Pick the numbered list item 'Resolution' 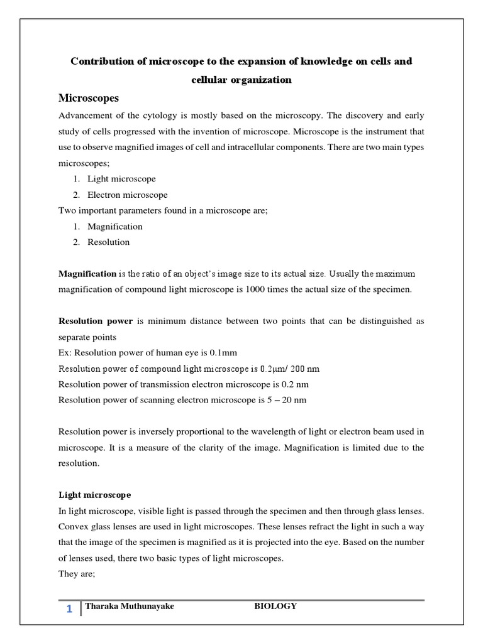coord(108,242)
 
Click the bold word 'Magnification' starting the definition coord(87,274)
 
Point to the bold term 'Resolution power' coord(96,321)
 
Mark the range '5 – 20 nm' coord(287,399)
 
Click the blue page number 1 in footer coord(69,608)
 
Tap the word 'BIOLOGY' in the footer coord(275,606)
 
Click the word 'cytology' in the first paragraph coord(172,116)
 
